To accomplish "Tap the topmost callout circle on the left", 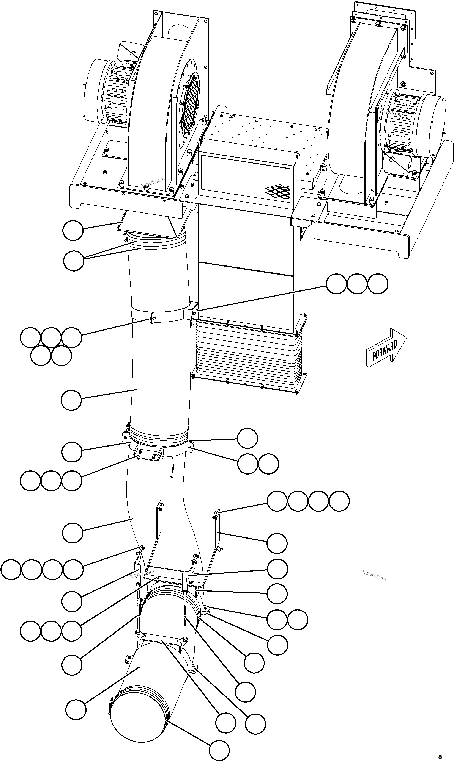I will [x=73, y=230].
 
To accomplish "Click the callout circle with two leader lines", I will [x=74, y=261].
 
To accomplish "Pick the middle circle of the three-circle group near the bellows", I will [x=357, y=284].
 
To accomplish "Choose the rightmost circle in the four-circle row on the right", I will [x=339, y=501].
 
